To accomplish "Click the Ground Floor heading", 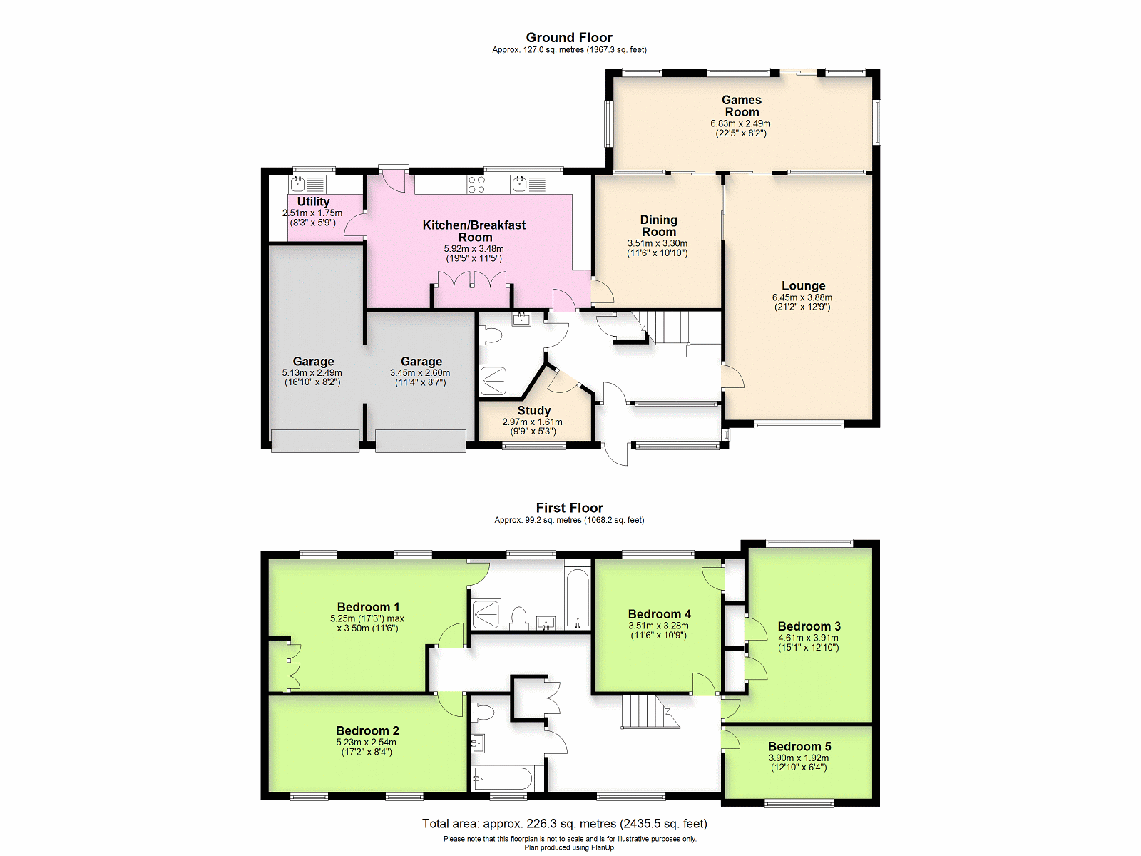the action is (569, 37).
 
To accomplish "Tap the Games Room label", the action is (742, 106).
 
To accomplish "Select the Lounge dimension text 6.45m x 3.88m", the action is (802, 297).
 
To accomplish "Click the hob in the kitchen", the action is (476, 185).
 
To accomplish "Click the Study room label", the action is (534, 411).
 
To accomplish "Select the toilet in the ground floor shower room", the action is (489, 335).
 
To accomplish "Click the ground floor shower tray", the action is (493, 381).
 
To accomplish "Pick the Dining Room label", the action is (659, 225).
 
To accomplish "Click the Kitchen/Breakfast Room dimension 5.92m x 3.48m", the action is (474, 249).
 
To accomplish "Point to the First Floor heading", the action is (569, 508).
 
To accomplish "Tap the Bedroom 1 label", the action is (368, 607).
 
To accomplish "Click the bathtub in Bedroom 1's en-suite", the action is (578, 598).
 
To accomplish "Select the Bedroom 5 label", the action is (799, 746).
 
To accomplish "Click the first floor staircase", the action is (650, 712).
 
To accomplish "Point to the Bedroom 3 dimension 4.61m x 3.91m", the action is (808, 638).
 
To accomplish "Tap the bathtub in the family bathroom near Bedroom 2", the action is (501, 779).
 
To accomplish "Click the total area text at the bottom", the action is (565, 824).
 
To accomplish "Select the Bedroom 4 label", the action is (659, 614).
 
